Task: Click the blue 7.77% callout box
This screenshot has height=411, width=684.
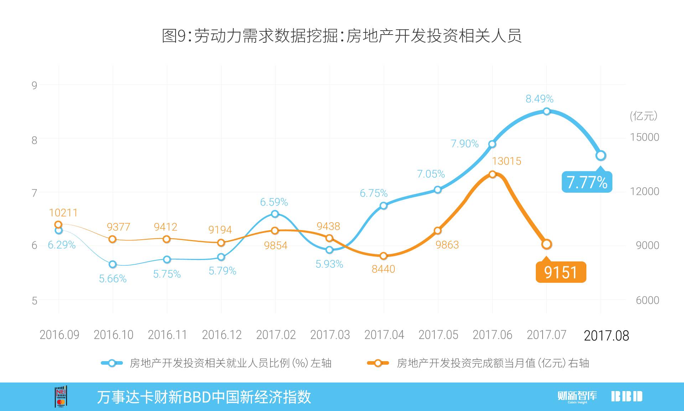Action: coord(587,182)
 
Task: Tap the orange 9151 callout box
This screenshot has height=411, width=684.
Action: coord(561,272)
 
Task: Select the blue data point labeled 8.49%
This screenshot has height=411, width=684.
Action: coord(546,111)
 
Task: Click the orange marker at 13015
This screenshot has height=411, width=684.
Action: coord(492,174)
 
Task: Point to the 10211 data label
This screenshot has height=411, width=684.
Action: coord(63,213)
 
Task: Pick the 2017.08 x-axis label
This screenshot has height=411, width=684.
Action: coord(606,335)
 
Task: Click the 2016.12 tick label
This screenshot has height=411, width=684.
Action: coord(222,335)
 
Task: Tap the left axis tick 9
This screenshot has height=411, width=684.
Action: coord(34,85)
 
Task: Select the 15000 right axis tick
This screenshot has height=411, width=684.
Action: coord(644,137)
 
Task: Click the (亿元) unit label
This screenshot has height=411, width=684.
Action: coord(643,116)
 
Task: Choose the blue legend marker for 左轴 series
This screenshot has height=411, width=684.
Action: coord(112,363)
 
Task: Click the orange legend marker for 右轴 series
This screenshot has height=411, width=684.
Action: coord(378,363)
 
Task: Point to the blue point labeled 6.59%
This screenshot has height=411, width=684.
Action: coord(275,214)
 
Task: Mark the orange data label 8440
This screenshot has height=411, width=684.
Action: coord(383,269)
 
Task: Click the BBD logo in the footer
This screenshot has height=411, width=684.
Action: coord(627,396)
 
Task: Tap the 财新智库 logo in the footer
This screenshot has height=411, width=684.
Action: coord(577,396)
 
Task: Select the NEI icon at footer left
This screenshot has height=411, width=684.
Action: coord(61,396)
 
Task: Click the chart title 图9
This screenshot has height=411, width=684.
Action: coord(342,36)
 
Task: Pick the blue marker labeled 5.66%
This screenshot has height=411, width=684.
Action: coord(113,264)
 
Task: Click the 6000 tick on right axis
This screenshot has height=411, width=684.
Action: coord(647,300)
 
